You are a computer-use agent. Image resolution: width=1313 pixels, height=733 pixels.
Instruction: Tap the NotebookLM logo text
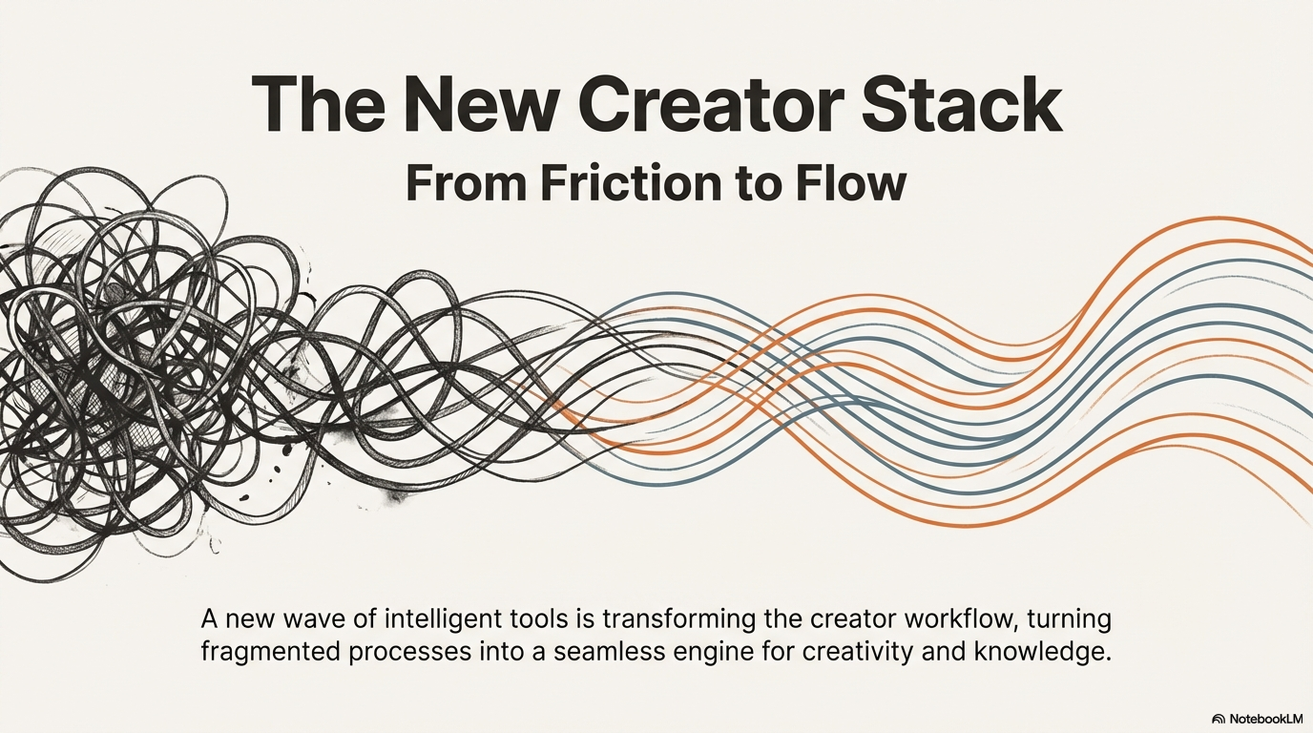[x=1266, y=718]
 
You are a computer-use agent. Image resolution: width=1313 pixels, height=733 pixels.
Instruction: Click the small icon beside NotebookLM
[x=1218, y=718]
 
